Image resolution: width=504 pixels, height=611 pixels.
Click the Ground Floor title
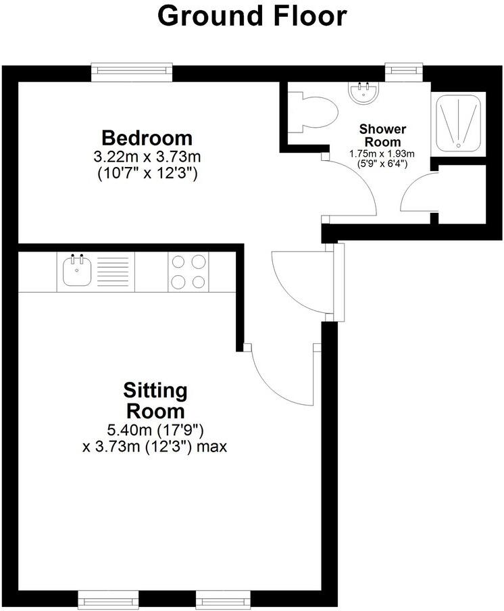(x=252, y=16)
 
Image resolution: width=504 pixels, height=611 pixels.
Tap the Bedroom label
(x=147, y=138)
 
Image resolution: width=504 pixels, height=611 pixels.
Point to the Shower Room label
(x=382, y=135)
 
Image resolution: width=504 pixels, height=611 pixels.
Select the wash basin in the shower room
(x=366, y=92)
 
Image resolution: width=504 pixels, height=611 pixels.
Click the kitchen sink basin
(x=76, y=272)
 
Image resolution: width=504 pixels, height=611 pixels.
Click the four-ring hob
(x=188, y=272)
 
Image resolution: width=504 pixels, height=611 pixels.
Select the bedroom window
(x=132, y=70)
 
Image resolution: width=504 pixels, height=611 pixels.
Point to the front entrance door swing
(x=297, y=280)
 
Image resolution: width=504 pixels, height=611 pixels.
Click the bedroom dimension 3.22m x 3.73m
(x=147, y=157)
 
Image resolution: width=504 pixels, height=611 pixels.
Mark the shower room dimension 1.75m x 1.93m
(x=382, y=153)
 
